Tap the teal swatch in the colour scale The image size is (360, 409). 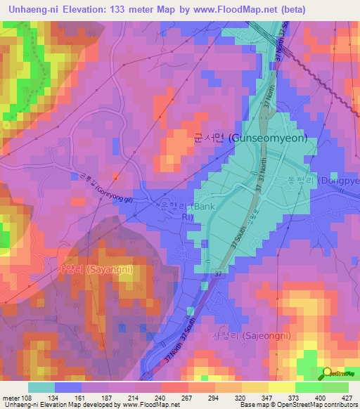tap(41, 387)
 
